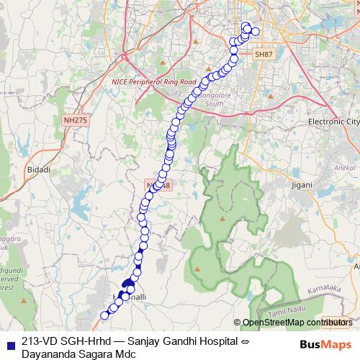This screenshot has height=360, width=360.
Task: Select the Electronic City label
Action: [333, 122]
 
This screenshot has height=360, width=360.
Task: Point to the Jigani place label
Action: [304, 185]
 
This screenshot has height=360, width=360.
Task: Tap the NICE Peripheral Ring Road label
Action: [154, 83]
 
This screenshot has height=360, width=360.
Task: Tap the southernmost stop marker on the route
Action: [104, 315]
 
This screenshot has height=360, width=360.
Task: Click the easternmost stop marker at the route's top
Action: [255, 31]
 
